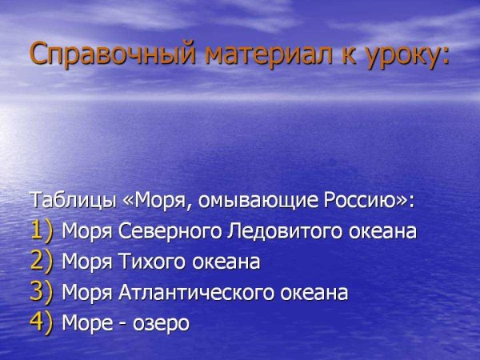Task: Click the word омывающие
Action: (x=257, y=200)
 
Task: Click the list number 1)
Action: (x=42, y=231)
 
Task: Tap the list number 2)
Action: (x=42, y=262)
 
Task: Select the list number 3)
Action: (x=42, y=293)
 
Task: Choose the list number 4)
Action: (x=42, y=323)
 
